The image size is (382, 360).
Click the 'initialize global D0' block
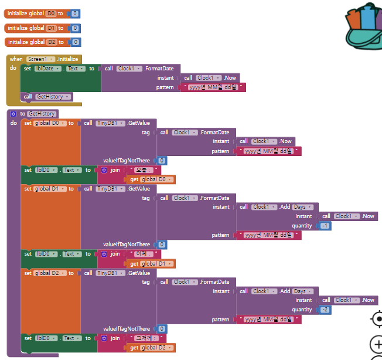(23, 13)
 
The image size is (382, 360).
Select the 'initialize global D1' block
(23, 28)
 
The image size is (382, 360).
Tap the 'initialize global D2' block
(23, 42)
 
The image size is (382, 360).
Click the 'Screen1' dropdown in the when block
(40, 59)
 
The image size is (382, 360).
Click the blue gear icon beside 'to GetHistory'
(13, 114)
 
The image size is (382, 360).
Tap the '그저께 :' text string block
(146, 338)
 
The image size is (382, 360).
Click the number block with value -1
(324, 226)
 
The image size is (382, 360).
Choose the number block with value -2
(325, 310)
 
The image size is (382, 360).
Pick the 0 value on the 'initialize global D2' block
(77, 42)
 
